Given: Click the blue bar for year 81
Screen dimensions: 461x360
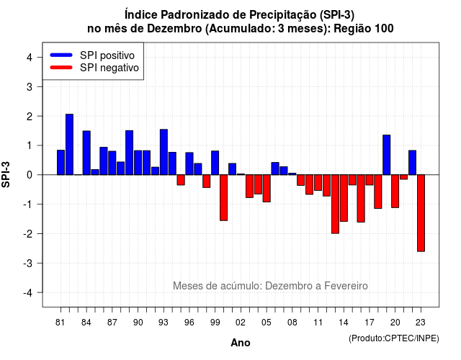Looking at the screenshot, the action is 61,162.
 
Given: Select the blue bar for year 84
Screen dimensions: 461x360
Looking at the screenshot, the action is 86,153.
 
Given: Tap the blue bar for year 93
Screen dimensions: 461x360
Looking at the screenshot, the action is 164,152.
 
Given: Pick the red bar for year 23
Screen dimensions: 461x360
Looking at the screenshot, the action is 421,213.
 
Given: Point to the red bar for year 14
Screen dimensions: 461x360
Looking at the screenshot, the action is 344,198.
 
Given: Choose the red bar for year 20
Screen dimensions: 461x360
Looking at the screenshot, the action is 395,192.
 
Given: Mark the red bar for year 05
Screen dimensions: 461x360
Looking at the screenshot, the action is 267,189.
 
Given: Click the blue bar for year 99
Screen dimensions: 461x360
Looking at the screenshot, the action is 215,163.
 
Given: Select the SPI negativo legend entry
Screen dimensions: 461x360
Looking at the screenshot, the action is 94,68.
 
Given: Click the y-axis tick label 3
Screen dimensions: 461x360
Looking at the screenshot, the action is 30,86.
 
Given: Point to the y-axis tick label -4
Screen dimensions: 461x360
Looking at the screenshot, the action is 29,293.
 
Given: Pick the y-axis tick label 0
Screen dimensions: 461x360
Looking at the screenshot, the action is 30,175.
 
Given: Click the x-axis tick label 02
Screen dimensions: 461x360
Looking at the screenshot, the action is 241,323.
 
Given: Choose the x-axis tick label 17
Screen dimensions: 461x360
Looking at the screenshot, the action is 370,323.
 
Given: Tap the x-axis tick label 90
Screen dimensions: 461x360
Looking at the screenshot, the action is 138,323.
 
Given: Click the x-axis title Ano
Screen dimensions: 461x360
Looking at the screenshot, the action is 241,343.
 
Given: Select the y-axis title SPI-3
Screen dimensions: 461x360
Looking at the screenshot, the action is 6,174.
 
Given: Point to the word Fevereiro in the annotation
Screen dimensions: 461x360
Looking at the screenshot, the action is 346,286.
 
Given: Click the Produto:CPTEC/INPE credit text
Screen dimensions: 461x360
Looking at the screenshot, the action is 394,338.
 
